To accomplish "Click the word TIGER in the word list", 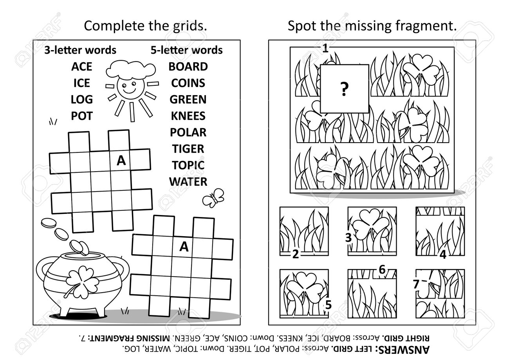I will pyautogui.click(x=188, y=149).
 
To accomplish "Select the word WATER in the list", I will pyautogui.click(x=188, y=182).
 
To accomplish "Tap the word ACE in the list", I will pyautogui.click(x=81, y=67).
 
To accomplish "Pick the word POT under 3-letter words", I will pyautogui.click(x=81, y=116).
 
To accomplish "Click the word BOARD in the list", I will pyautogui.click(x=188, y=67).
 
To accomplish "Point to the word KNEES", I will pyautogui.click(x=188, y=116).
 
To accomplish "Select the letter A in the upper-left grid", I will pyautogui.click(x=121, y=161).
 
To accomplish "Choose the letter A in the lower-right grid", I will pyautogui.click(x=184, y=246).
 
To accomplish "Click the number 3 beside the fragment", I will pyautogui.click(x=348, y=237).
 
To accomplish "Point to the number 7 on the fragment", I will pyautogui.click(x=416, y=284).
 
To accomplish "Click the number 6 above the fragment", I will pyautogui.click(x=382, y=270).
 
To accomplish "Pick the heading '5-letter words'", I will pyautogui.click(x=186, y=50).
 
